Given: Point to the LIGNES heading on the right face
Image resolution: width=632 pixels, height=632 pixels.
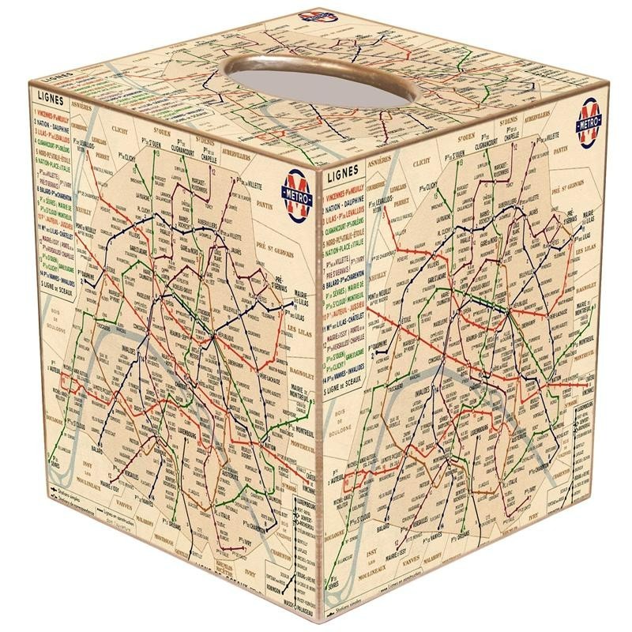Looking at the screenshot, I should [340, 168].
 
